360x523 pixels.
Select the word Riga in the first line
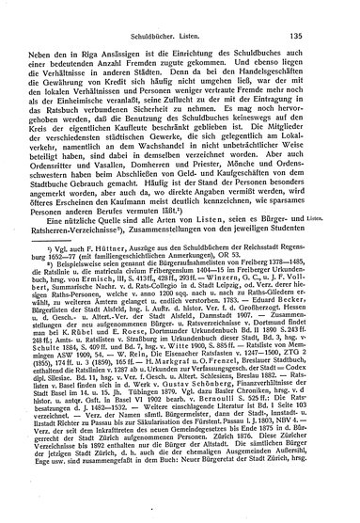pos(106,35)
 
